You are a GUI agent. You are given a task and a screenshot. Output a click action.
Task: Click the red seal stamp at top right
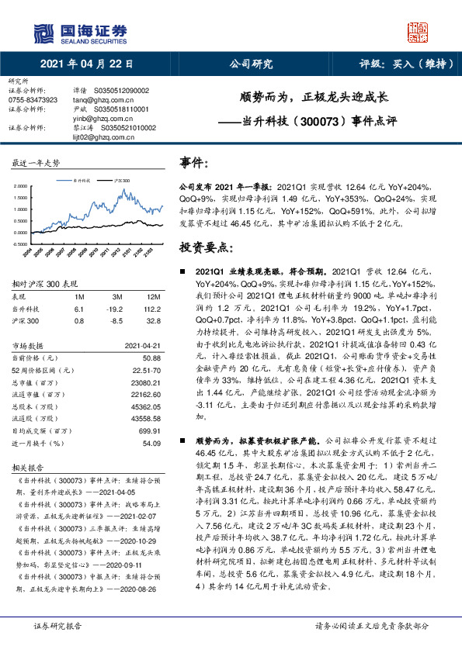(419, 31)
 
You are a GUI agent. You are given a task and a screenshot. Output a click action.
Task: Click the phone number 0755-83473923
(33, 100)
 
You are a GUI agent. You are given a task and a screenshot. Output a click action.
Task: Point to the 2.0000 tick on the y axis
(20, 187)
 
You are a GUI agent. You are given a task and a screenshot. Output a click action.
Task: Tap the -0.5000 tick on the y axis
(19, 244)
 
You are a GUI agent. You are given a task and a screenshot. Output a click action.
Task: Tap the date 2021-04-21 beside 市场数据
(144, 345)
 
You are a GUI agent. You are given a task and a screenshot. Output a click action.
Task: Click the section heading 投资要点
(207, 247)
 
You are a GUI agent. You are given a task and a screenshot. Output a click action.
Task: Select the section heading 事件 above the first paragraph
(194, 163)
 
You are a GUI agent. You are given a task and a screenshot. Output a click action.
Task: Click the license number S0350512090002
(120, 91)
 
